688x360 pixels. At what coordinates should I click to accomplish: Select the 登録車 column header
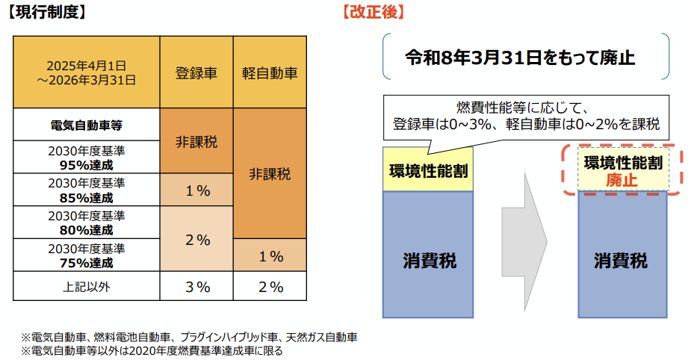coord(196,72)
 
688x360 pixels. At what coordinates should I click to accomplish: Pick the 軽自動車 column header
coord(270,72)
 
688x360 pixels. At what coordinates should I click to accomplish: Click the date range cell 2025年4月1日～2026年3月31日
coord(87,72)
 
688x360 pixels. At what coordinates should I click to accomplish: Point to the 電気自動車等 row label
coord(87,125)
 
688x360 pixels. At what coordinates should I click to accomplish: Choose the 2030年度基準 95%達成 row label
coord(87,157)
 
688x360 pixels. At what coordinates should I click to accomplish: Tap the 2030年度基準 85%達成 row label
coord(87,190)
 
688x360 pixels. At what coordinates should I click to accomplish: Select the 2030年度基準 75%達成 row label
coord(87,255)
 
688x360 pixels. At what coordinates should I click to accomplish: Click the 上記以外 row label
coord(87,286)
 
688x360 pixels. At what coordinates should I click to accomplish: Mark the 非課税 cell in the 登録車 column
coord(196,141)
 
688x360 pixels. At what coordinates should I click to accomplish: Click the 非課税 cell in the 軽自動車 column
coord(270,174)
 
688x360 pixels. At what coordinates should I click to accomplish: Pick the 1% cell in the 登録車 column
coord(196,190)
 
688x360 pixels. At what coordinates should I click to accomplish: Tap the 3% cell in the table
coord(196,286)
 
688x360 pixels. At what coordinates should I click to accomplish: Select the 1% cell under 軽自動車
coord(270,256)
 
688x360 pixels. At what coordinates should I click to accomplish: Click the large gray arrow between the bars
coord(527,243)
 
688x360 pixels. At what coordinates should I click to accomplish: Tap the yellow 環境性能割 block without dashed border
coord(428,170)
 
